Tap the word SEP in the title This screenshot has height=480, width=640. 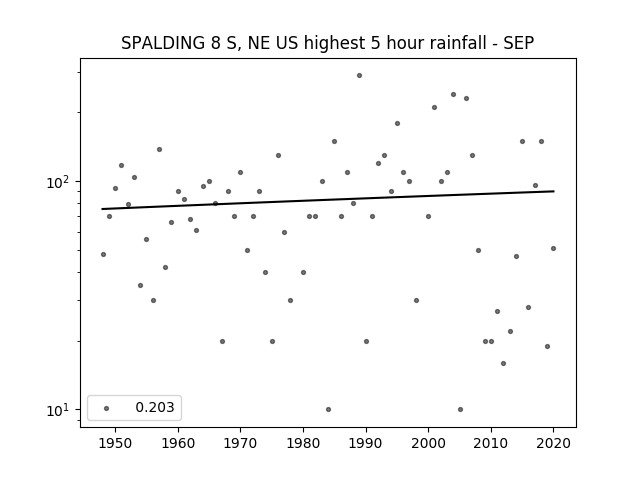[x=519, y=43]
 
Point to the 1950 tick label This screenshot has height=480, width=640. [x=116, y=443]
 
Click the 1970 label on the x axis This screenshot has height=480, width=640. [x=240, y=443]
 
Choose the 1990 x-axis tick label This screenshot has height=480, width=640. [x=366, y=443]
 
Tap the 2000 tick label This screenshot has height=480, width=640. [x=429, y=443]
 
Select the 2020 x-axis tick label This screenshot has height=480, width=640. [x=553, y=443]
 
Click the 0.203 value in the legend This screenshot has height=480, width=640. [x=155, y=407]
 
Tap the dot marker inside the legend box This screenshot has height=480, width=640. [x=107, y=408]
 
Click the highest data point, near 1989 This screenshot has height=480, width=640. [x=359, y=76]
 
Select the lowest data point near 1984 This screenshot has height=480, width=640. [x=328, y=409]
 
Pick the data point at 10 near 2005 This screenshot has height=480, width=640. [x=460, y=409]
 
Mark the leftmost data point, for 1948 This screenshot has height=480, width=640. [x=103, y=254]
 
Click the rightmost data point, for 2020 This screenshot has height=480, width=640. [x=553, y=248]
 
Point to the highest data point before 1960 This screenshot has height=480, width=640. [x=159, y=149]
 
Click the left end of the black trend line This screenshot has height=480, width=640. [x=102, y=209]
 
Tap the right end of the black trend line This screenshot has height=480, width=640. [x=554, y=191]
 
